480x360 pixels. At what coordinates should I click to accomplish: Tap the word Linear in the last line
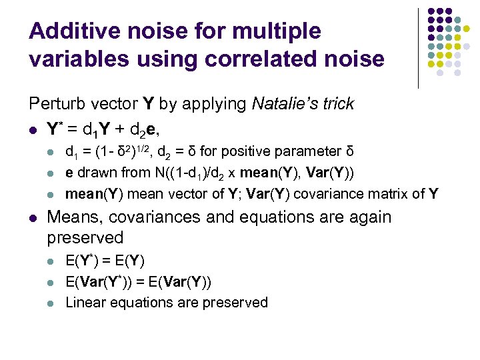pos(84,302)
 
